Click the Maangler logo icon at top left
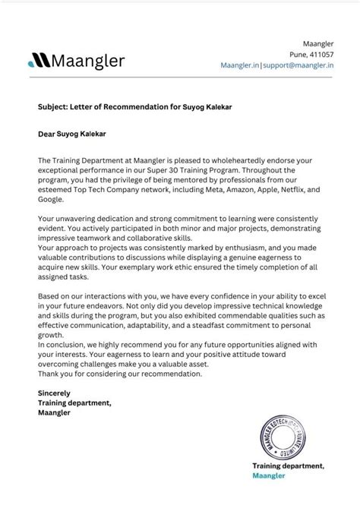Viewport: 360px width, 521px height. pos(36,60)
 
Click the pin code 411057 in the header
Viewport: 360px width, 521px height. pos(323,55)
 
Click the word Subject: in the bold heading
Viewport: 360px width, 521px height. pos(51,106)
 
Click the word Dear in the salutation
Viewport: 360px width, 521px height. pos(46,134)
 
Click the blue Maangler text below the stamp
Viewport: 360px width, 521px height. pos(269,475)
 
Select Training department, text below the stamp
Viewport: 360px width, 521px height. pos(289,465)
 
